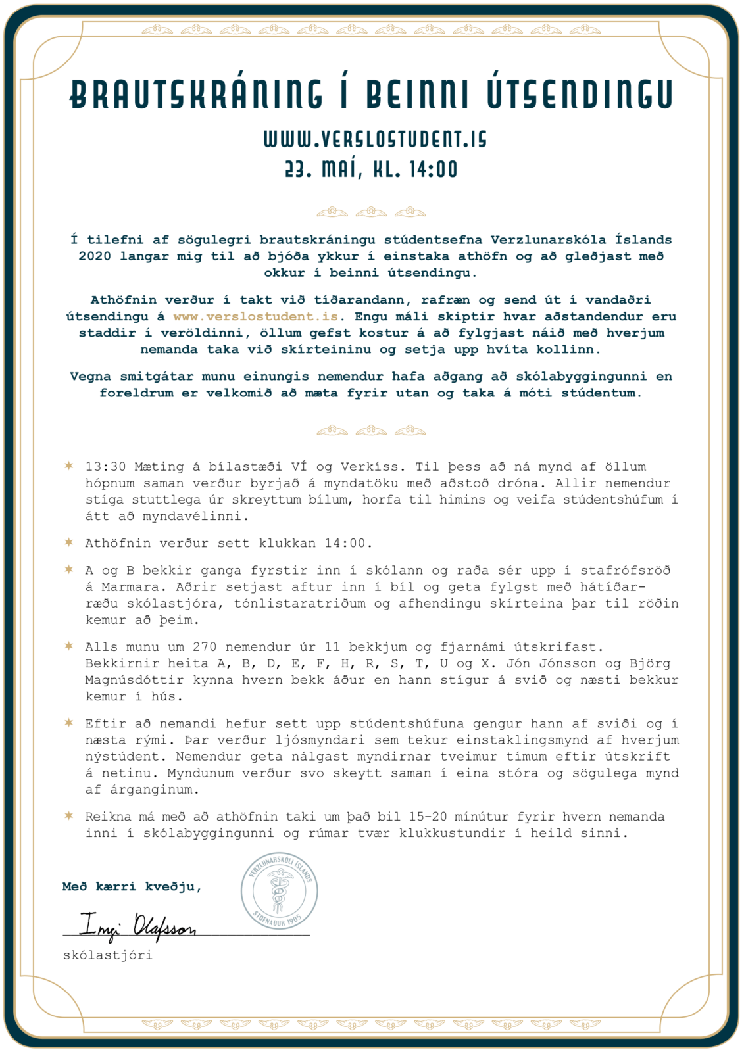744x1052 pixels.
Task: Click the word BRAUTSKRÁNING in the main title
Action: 197,94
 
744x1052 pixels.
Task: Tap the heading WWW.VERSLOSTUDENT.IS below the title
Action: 375,139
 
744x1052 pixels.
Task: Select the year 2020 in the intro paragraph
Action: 95,256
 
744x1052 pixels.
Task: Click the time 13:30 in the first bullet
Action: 105,467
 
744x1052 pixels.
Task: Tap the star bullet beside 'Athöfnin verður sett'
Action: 68,543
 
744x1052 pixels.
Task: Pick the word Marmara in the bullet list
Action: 127,587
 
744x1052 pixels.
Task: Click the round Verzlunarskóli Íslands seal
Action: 280,893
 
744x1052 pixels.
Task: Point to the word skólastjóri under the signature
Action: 108,955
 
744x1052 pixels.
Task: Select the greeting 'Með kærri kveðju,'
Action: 132,886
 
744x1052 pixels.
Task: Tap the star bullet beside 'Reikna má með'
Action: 68,816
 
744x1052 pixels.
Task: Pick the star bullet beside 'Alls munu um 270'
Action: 68,646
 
